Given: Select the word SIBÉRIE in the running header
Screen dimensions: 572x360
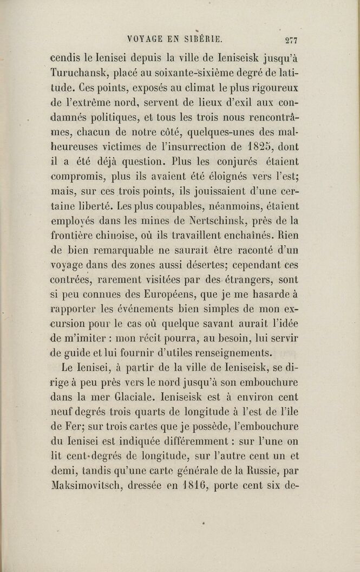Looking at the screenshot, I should [x=204, y=39].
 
